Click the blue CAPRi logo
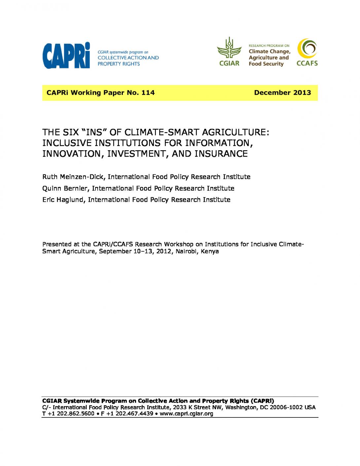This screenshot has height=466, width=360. coord(66,55)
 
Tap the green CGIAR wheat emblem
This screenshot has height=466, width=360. coord(229,48)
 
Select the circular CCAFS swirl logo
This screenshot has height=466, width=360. coord(307,49)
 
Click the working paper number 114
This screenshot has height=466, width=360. coord(148,93)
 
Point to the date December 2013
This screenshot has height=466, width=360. coord(282,93)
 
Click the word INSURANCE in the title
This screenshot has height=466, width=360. coord(221,154)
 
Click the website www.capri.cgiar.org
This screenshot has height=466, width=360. coord(186,414)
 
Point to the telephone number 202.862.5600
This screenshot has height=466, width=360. coord(76,414)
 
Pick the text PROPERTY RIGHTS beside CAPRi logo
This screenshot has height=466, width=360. coord(119,64)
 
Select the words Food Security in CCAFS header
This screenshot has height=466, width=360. coord(266,64)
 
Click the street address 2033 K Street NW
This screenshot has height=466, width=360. coord(198,408)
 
